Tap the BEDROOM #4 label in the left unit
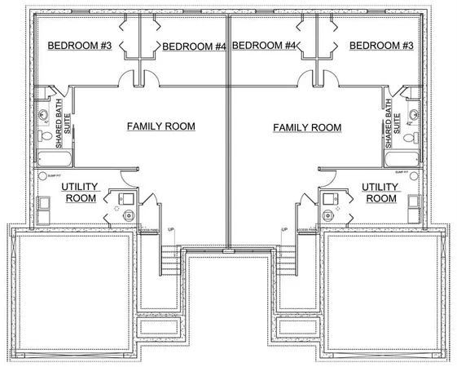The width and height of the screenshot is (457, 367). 194,46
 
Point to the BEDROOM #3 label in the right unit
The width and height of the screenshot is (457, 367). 382,45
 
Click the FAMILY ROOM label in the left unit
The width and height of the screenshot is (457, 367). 160,126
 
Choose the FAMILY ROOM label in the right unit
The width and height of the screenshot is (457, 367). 307,127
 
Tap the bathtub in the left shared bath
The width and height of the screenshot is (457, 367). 56,159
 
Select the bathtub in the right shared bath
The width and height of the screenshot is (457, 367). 402,159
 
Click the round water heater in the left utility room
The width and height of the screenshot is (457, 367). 130,215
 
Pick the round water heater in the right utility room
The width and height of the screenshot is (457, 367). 328,215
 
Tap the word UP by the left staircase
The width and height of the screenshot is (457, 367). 170,230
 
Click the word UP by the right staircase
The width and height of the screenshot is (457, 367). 284,230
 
